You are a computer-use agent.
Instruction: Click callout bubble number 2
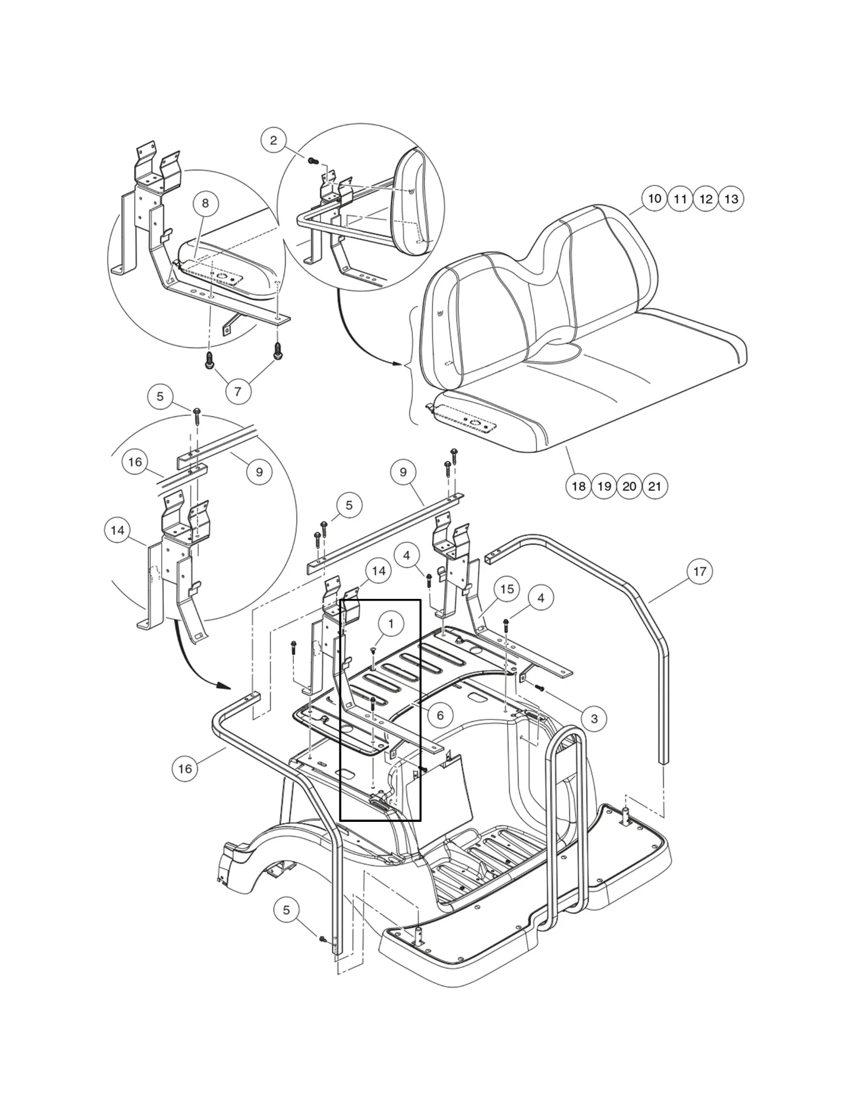[x=274, y=140]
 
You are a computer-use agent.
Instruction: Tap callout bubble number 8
[x=205, y=203]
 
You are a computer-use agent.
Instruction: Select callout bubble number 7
[x=238, y=392]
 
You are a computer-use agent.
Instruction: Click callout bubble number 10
[x=654, y=199]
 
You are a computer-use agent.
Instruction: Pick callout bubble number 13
[x=731, y=199]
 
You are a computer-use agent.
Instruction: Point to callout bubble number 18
[x=579, y=486]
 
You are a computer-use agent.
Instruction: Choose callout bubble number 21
[x=654, y=486]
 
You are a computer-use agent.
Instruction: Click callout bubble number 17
[x=699, y=571]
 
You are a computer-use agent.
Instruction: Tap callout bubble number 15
[x=506, y=589]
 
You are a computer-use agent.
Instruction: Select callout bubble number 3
[x=594, y=719]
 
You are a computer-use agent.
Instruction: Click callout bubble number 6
[x=440, y=715]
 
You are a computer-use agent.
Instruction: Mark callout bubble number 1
[x=391, y=624]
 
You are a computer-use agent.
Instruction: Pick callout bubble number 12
[x=706, y=199]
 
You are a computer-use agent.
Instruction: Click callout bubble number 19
[x=604, y=486]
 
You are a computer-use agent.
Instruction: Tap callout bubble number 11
[x=680, y=199]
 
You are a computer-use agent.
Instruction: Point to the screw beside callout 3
[x=540, y=688]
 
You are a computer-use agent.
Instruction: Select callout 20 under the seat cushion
[x=629, y=486]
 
